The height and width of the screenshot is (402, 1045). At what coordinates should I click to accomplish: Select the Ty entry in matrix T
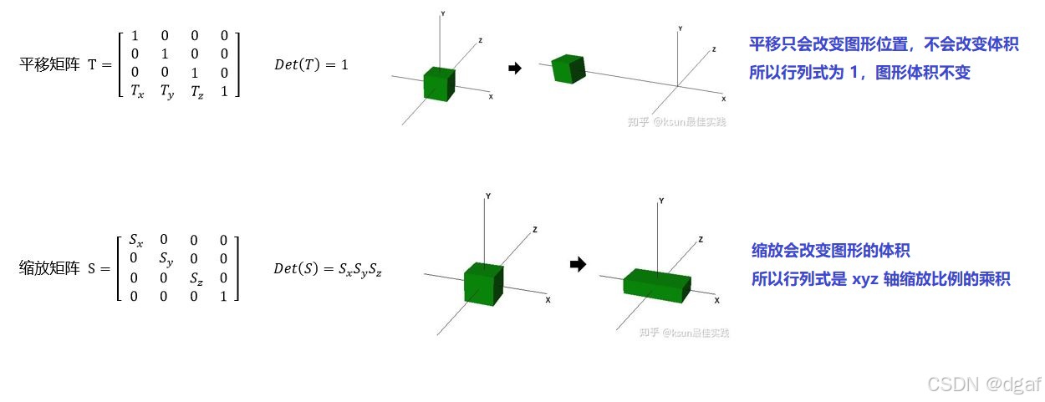click(168, 92)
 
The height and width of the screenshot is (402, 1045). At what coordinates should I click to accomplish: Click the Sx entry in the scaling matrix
click(136, 241)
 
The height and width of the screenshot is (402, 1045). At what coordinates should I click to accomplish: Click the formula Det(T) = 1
click(311, 64)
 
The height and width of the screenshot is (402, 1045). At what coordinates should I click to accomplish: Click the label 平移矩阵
click(48, 64)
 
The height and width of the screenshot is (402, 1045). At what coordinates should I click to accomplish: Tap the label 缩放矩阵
click(48, 268)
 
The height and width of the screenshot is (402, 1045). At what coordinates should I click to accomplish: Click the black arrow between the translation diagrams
click(515, 68)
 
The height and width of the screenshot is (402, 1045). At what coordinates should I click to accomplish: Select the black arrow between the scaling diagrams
click(577, 264)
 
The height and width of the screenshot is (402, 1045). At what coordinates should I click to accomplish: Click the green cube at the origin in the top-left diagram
click(439, 83)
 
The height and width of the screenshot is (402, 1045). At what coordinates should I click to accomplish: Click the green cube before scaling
click(483, 282)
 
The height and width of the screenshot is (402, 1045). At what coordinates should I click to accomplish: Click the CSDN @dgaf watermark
click(985, 384)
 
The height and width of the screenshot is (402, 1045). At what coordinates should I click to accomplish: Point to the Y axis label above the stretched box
click(661, 201)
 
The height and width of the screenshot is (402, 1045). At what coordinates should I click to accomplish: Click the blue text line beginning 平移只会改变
click(884, 45)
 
